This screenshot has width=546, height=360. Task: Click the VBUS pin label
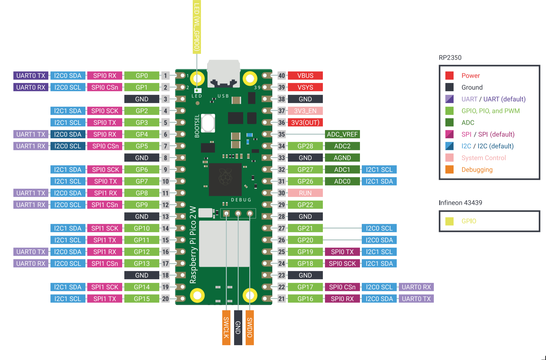click(305, 76)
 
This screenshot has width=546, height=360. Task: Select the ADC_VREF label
click(342, 134)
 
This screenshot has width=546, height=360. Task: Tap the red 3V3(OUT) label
click(305, 122)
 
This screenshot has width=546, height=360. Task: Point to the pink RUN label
click(305, 193)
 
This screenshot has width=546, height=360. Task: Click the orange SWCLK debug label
click(226, 327)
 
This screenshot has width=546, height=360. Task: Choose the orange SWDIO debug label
click(250, 327)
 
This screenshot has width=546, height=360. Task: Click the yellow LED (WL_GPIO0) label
click(197, 27)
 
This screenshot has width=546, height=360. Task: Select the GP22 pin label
click(305, 205)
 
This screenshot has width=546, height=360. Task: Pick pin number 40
click(282, 76)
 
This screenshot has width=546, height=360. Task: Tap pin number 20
click(165, 299)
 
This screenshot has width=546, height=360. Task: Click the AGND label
click(342, 158)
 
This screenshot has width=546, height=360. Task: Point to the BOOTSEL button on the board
click(208, 123)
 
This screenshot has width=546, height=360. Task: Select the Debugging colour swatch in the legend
click(449, 170)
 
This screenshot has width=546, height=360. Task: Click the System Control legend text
click(484, 158)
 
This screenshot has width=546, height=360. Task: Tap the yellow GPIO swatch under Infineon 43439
click(449, 221)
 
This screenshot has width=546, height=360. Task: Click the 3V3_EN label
click(305, 111)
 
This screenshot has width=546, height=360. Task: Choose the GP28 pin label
click(305, 146)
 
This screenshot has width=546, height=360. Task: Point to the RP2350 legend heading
click(450, 58)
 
